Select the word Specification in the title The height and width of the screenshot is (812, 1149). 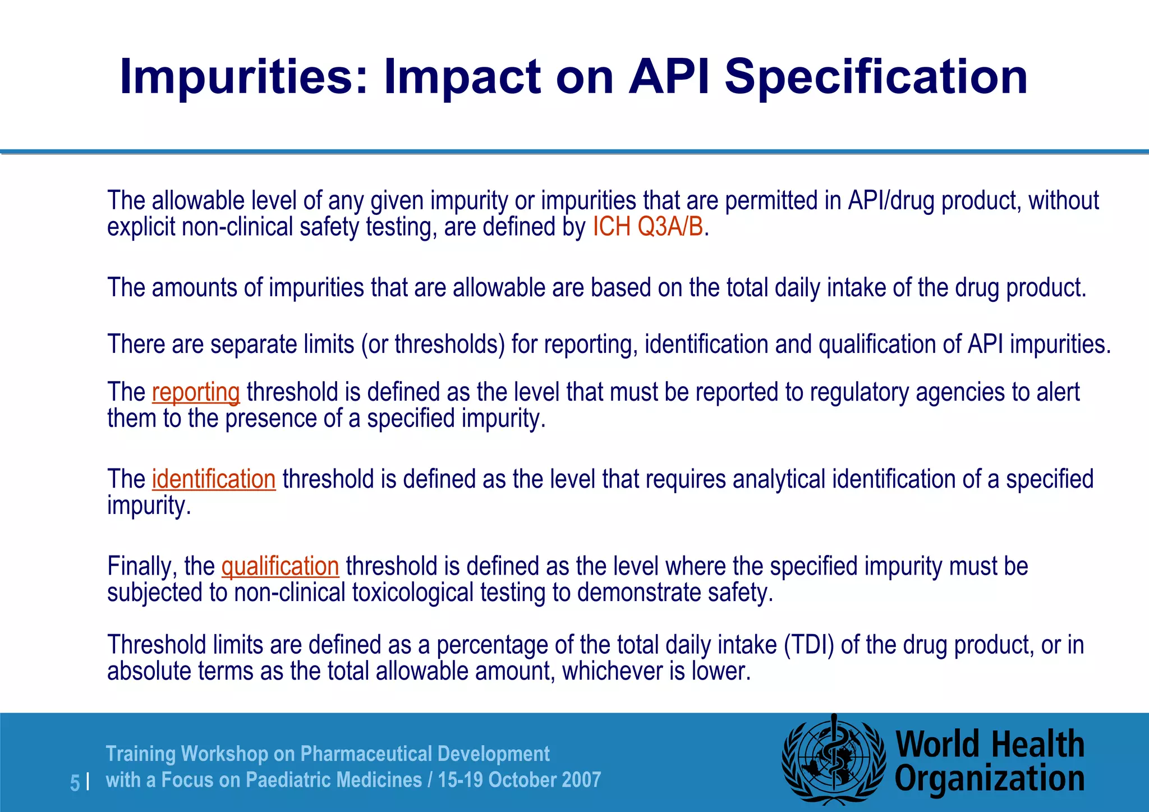point(876,77)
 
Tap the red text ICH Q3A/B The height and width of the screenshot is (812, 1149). point(648,227)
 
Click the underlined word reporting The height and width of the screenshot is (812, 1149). point(196,392)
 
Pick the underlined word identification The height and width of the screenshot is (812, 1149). point(214,479)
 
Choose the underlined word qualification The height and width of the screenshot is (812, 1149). point(280,566)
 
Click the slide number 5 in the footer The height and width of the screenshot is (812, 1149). point(75,782)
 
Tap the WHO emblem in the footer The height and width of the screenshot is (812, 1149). point(834,761)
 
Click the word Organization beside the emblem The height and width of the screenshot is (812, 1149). point(989,779)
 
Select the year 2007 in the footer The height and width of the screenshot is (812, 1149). point(581,779)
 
